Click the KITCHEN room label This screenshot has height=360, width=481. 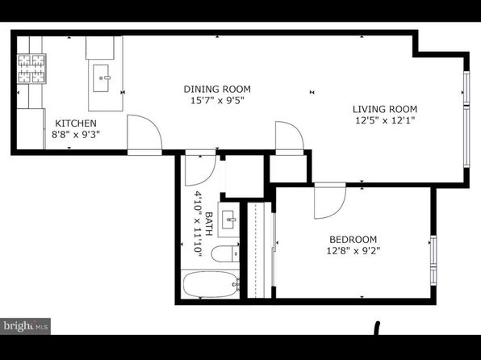tap(76, 123)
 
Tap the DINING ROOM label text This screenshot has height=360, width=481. tap(217, 90)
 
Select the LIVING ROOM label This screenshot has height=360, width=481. tap(385, 109)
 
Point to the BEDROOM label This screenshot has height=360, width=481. tap(353, 240)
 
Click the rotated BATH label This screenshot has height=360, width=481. tap(208, 224)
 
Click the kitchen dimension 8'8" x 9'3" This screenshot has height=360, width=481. tap(76, 135)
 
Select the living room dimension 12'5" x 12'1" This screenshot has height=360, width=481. tap(385, 120)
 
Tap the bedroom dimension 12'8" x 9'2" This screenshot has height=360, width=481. tap(353, 251)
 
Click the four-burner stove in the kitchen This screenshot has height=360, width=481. tap(31, 69)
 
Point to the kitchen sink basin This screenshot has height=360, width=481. tap(101, 78)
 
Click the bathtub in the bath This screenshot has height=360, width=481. tap(211, 284)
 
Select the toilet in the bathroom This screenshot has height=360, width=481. tap(225, 253)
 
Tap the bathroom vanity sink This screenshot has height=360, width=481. tap(229, 220)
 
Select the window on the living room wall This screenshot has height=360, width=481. tap(466, 119)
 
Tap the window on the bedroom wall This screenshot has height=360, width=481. tap(433, 260)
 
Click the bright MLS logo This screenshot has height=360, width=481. tap(26, 326)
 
